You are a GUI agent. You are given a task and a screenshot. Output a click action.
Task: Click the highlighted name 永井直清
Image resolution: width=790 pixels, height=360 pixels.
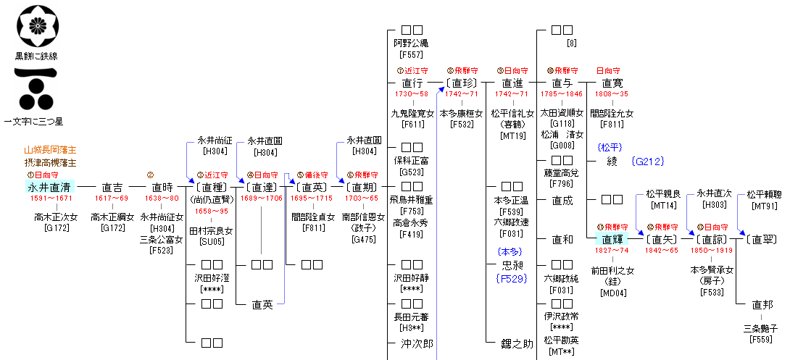(x=51, y=186)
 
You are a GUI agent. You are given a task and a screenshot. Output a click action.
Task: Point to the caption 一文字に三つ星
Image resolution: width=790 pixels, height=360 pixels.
(x=33, y=120)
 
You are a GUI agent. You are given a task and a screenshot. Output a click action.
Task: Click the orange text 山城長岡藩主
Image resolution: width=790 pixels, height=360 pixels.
(x=50, y=149)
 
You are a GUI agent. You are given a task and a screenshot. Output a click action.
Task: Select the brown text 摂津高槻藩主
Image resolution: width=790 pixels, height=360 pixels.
(x=50, y=162)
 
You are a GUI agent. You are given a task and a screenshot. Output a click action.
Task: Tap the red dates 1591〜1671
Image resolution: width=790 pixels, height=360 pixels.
(x=51, y=198)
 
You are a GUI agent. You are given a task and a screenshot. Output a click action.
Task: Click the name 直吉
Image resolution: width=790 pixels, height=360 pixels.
(x=112, y=186)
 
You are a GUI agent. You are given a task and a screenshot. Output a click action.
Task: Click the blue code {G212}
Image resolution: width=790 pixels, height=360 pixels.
(x=647, y=161)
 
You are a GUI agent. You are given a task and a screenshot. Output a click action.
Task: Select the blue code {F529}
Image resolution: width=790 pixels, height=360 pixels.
(x=512, y=277)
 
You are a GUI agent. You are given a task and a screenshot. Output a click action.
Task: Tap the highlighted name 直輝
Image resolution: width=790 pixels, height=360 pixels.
(x=612, y=239)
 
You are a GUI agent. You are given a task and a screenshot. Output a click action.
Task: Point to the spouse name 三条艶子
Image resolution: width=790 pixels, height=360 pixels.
(x=761, y=327)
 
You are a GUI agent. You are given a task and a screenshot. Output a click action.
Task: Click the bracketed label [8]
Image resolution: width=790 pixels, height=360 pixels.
(x=572, y=43)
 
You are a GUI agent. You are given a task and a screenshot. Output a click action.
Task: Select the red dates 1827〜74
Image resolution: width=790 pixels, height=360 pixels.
(x=612, y=250)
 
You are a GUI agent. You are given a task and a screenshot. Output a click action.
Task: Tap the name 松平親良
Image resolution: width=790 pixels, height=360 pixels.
(x=664, y=193)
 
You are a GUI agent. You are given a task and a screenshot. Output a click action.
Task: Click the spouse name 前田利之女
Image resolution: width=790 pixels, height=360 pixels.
(x=612, y=270)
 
